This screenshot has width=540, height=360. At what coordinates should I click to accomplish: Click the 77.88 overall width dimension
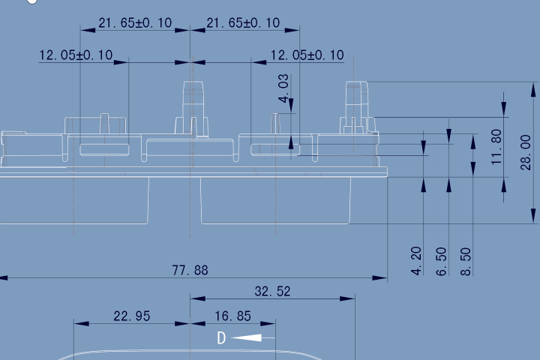click(x=190, y=271)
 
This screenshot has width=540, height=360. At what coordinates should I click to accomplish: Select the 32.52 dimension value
click(x=272, y=292)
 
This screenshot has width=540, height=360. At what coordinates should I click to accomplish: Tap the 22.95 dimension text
click(x=132, y=316)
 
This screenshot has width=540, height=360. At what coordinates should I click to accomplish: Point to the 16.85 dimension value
click(x=232, y=316)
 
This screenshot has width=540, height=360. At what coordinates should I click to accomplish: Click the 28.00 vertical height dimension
click(x=526, y=152)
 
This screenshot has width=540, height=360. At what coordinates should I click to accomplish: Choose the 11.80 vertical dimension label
click(x=496, y=147)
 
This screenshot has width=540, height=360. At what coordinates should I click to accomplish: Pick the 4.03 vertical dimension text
click(x=283, y=88)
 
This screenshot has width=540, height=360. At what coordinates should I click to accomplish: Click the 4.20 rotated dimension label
click(x=416, y=261)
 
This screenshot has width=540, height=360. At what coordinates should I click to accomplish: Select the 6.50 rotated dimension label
click(x=442, y=262)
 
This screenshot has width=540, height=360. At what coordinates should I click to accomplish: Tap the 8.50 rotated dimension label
click(x=466, y=262)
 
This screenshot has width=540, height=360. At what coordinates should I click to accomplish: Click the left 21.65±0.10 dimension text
click(x=135, y=23)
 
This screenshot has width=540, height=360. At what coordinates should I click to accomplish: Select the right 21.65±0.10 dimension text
click(x=243, y=23)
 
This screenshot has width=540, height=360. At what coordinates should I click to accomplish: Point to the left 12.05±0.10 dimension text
click(x=76, y=55)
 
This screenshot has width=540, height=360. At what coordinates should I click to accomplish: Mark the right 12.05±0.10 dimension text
click(x=307, y=55)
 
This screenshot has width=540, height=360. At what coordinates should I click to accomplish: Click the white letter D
click(x=221, y=338)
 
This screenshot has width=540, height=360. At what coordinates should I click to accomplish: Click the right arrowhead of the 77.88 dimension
click(x=379, y=277)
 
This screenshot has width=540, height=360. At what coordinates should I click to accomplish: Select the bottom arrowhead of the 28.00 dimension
click(x=533, y=216)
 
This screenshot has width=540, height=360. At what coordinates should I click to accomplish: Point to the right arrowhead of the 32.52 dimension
click(x=347, y=298)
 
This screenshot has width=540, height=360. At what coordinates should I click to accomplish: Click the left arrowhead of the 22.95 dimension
click(x=81, y=323)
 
